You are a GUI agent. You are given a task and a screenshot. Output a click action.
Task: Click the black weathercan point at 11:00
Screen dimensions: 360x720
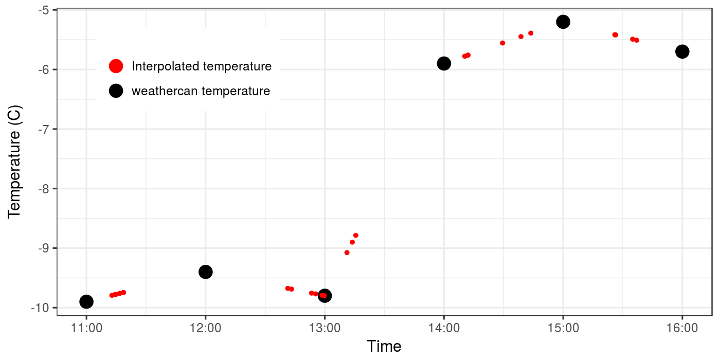point(86,301)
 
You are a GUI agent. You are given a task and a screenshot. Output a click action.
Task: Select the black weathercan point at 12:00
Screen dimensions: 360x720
point(206,272)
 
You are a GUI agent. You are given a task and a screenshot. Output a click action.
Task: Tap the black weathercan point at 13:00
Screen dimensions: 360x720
point(325,295)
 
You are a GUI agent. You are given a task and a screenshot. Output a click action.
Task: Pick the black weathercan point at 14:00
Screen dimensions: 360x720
point(444,63)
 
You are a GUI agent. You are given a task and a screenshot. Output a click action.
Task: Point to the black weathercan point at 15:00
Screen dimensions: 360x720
point(563,22)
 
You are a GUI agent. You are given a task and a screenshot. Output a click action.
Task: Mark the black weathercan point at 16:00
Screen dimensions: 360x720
point(682,51)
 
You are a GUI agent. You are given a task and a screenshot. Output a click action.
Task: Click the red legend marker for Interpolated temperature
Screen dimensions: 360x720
point(116,66)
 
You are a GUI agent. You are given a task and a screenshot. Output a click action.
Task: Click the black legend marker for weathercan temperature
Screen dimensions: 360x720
point(116,91)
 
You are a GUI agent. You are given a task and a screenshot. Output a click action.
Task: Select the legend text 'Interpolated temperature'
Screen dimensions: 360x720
point(202,66)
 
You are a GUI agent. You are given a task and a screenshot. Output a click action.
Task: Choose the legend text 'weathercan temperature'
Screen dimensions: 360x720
point(201,91)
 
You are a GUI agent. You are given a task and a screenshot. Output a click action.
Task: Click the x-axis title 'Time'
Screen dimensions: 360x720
point(384,346)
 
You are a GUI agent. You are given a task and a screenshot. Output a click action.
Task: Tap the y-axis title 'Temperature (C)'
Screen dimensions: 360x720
point(14,158)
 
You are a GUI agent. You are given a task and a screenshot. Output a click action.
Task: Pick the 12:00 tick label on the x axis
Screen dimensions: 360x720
point(206,328)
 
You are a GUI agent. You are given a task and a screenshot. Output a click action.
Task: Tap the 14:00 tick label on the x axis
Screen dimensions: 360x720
point(444,328)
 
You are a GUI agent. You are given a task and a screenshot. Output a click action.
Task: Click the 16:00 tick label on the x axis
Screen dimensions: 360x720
point(682,328)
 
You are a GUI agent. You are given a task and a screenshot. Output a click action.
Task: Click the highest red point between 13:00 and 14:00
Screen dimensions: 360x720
point(355,236)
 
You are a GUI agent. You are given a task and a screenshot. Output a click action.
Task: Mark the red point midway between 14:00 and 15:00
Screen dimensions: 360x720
point(502,43)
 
